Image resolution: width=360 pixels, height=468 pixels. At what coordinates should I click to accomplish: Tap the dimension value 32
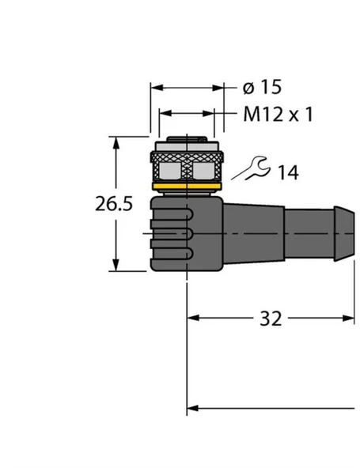click(x=271, y=319)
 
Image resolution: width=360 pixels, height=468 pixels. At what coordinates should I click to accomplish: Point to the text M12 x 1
click(x=276, y=115)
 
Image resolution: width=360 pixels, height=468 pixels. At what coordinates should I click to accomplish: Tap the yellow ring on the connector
click(x=186, y=188)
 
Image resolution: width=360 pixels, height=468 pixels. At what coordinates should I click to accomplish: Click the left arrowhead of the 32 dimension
click(x=192, y=319)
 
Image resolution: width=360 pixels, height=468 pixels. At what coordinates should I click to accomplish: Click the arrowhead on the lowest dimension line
click(x=192, y=409)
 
